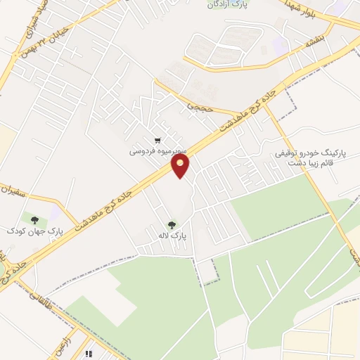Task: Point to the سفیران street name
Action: point(18,190)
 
